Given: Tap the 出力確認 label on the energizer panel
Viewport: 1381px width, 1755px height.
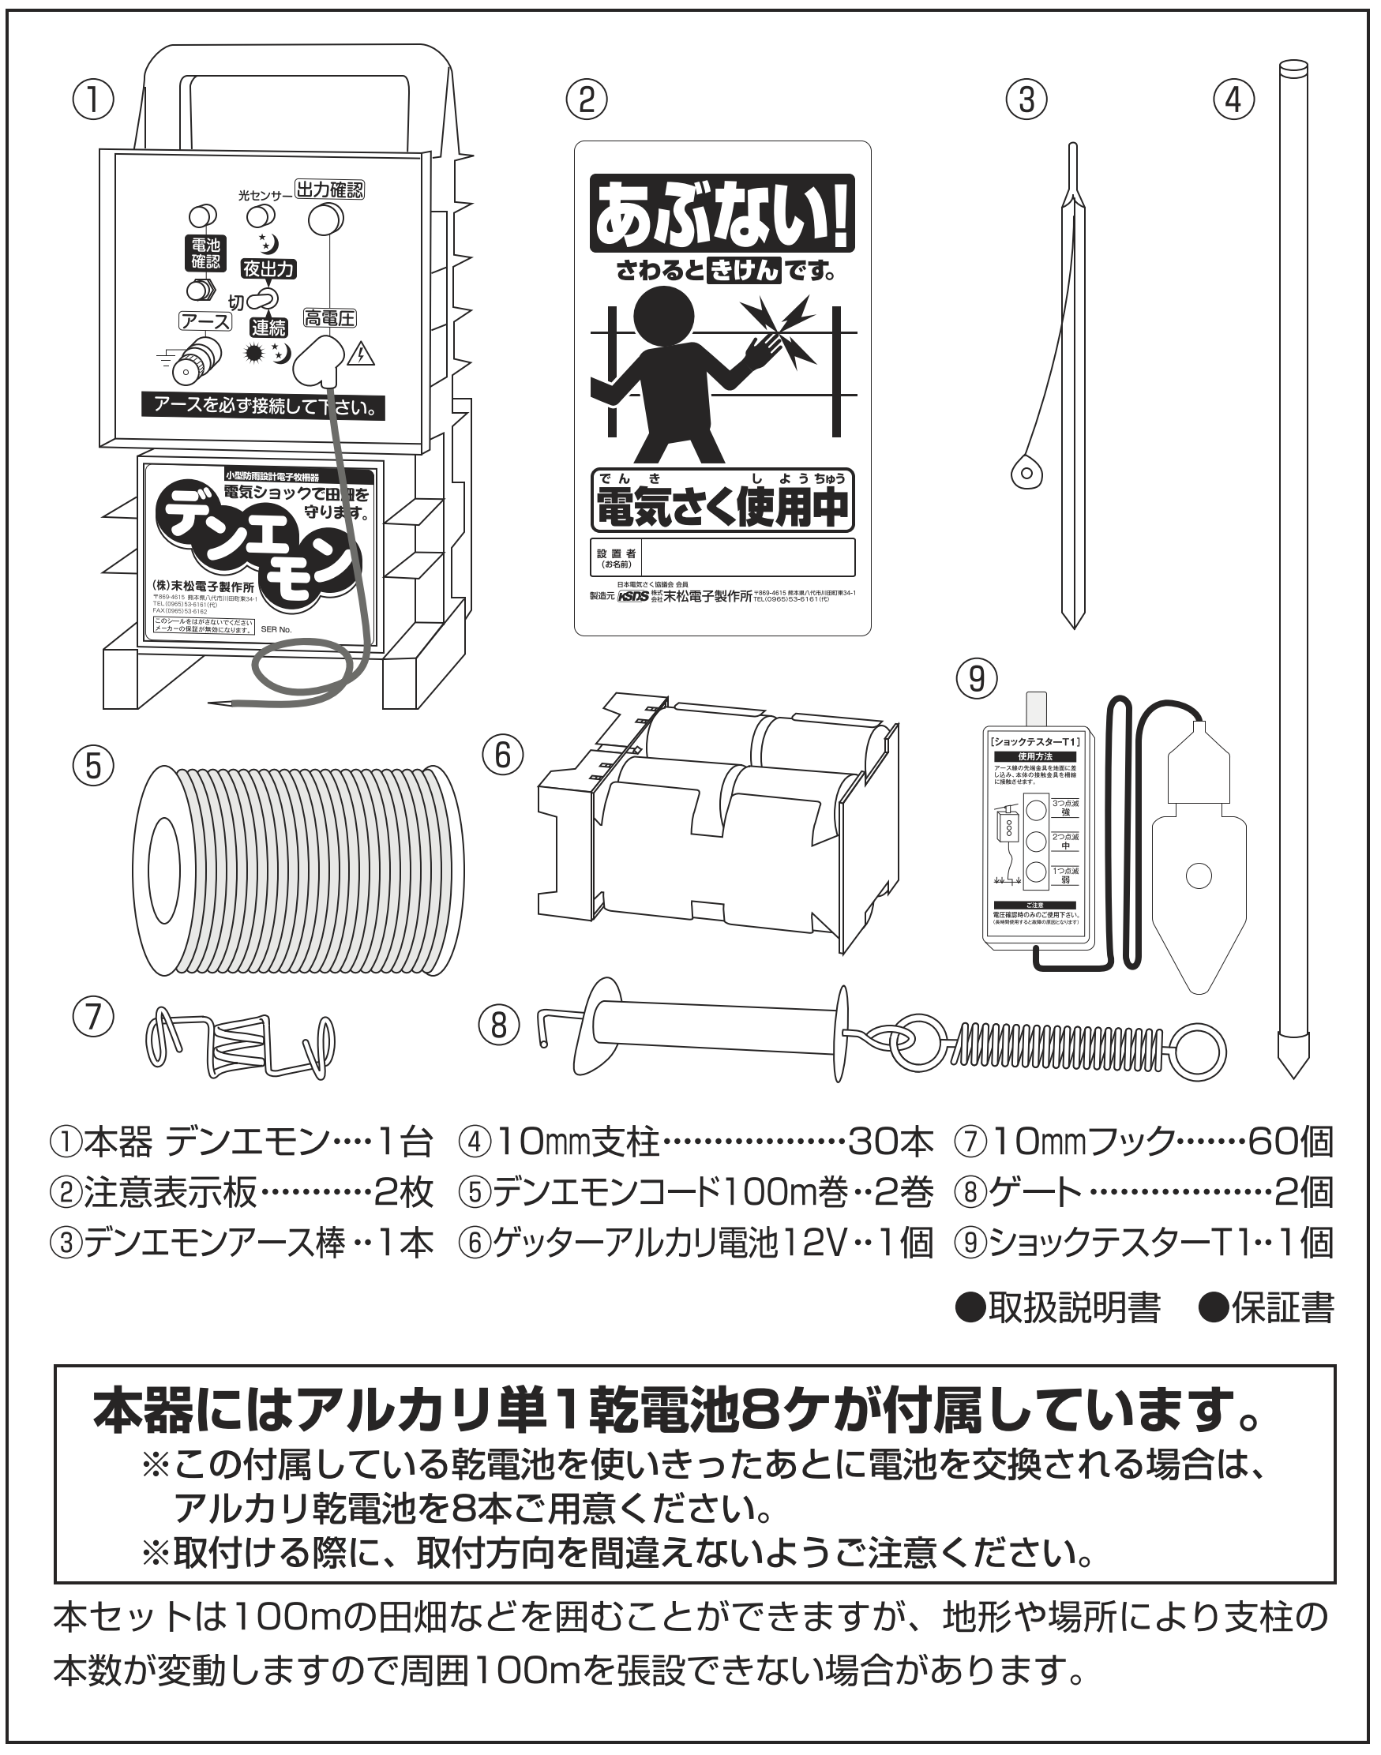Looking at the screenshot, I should click(x=329, y=190).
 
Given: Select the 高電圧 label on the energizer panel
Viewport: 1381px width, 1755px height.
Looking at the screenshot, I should click(x=330, y=318).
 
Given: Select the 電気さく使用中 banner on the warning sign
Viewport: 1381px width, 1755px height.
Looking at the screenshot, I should click(x=722, y=507).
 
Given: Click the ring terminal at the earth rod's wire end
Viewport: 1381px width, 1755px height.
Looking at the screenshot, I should click(x=1026, y=472).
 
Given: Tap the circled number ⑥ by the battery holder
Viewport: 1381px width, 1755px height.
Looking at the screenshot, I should click(x=503, y=756).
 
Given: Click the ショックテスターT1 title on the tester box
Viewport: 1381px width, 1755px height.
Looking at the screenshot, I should click(x=1037, y=741).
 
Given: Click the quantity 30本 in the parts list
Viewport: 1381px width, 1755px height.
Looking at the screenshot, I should click(x=890, y=1142).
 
